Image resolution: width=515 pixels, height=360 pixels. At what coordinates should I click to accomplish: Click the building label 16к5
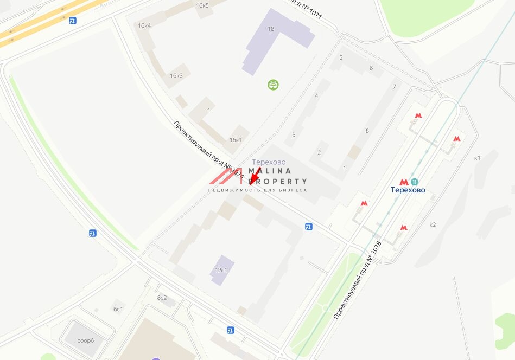[202, 5]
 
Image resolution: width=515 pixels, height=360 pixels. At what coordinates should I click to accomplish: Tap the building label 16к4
[144, 25]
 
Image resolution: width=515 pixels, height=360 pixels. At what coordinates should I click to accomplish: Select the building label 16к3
[176, 75]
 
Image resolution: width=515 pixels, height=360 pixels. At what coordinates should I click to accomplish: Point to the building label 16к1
[236, 140]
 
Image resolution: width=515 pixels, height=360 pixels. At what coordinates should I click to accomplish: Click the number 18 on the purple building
[271, 29]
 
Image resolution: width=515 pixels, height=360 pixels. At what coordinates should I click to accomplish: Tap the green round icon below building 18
[273, 84]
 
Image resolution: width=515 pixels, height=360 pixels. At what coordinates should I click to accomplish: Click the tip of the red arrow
[250, 185]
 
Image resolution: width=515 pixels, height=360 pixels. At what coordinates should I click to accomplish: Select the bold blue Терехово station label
[408, 190]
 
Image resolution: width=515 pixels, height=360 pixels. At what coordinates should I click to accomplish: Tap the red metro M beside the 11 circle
[404, 182]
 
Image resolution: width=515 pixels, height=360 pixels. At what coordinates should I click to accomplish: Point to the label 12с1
[221, 269]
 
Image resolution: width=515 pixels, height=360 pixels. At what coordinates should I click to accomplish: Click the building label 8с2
[162, 298]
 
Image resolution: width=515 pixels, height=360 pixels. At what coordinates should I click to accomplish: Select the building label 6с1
[118, 309]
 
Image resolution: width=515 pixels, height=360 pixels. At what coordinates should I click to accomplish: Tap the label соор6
[85, 340]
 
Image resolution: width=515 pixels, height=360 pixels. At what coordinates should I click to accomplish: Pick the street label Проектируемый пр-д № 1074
[208, 150]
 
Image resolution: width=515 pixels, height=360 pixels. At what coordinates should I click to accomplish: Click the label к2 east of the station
[433, 224]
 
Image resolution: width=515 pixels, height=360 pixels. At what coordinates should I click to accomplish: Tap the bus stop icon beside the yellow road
[73, 21]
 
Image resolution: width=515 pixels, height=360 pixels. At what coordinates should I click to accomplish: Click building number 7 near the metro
[395, 87]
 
